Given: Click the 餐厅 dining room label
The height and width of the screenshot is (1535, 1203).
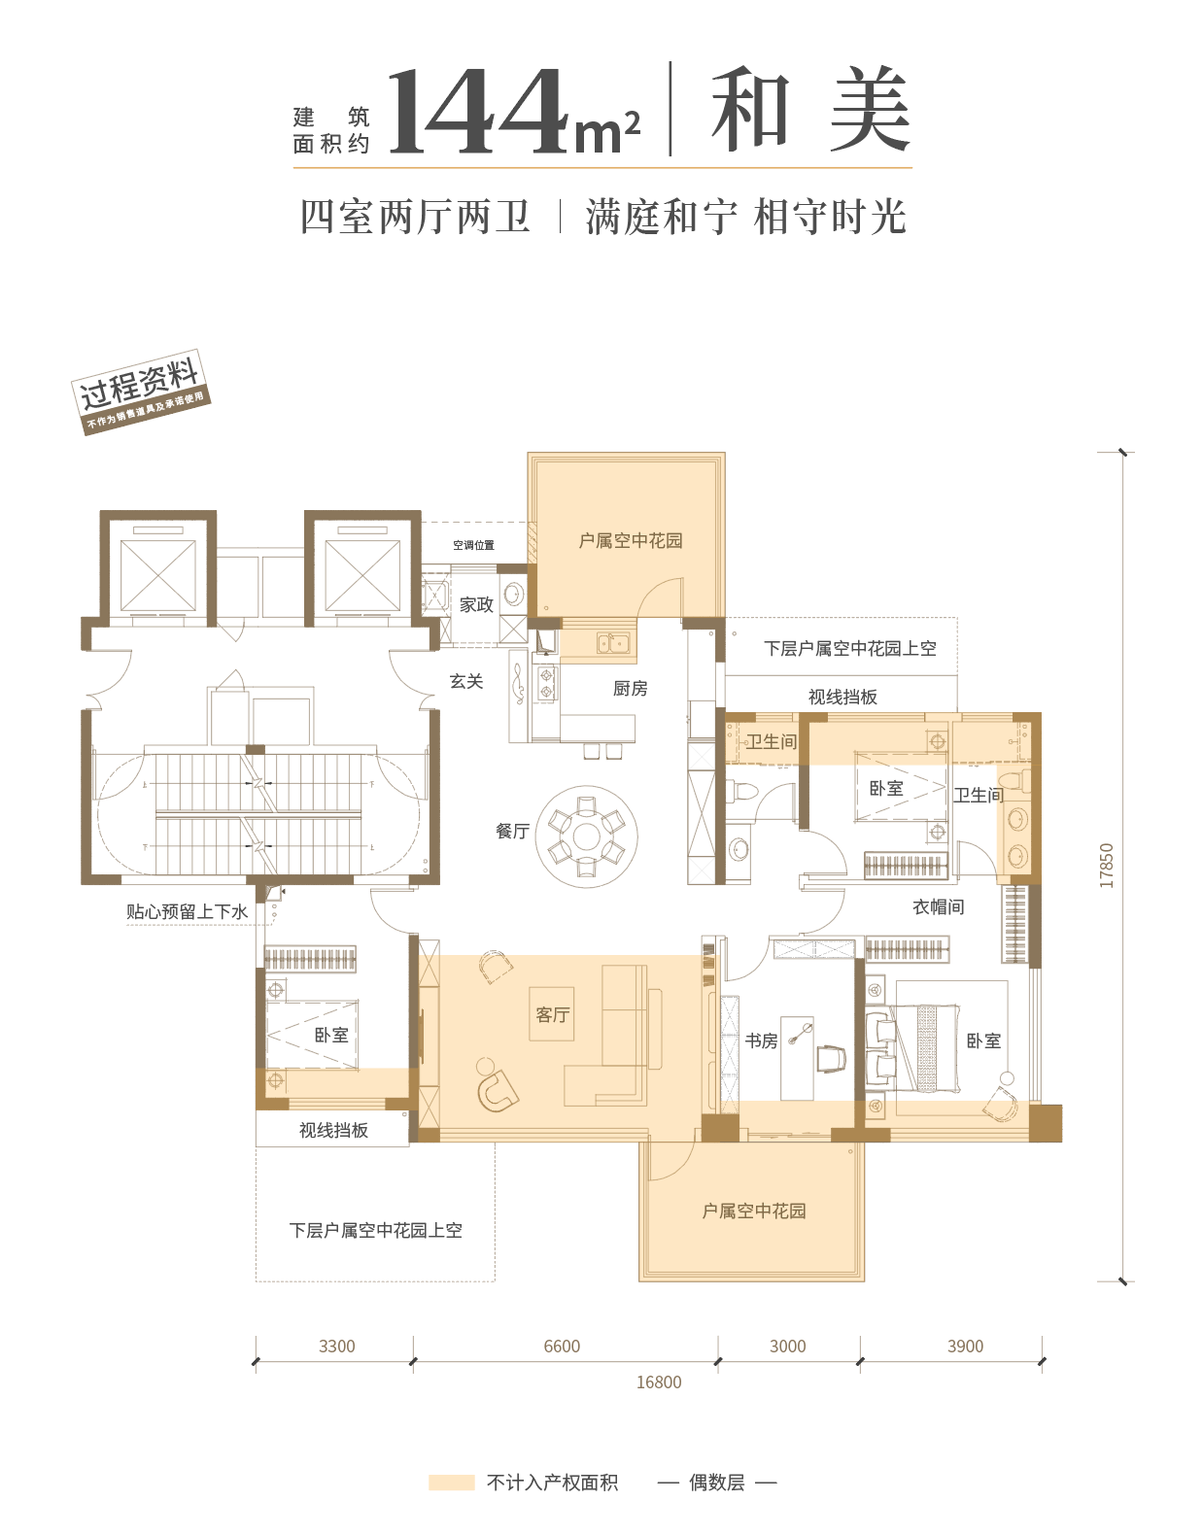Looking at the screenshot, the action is click(512, 831).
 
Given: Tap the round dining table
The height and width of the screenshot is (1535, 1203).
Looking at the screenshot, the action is click(586, 837).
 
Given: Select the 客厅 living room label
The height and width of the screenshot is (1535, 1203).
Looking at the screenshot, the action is click(552, 1015).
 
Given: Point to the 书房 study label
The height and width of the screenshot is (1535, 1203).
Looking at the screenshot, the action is click(761, 1040).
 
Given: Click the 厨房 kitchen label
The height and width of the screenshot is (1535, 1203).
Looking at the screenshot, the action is click(630, 688).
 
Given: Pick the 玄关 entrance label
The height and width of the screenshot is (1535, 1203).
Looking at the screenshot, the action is click(466, 681).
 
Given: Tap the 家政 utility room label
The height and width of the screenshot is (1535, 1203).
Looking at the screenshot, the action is click(476, 604).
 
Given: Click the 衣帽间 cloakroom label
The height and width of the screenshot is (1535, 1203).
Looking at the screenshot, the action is click(938, 907).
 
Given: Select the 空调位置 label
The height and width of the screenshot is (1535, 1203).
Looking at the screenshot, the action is click(473, 545).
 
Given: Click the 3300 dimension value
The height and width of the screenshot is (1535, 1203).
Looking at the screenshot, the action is click(336, 1347).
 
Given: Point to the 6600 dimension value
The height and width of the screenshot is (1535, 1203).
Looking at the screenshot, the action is click(562, 1347).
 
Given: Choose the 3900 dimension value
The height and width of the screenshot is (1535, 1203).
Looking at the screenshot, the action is click(965, 1347).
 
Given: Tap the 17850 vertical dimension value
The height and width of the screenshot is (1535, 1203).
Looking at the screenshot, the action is click(1106, 866).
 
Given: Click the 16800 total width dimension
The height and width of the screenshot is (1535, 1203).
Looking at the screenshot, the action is click(659, 1382).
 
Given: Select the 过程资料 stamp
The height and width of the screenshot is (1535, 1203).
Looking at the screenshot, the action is click(141, 392).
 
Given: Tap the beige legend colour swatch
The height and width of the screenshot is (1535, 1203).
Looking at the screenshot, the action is click(452, 1482).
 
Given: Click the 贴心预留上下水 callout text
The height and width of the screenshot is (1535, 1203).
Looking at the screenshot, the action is click(188, 912).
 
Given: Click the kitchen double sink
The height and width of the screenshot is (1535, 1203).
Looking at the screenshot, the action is click(613, 643).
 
